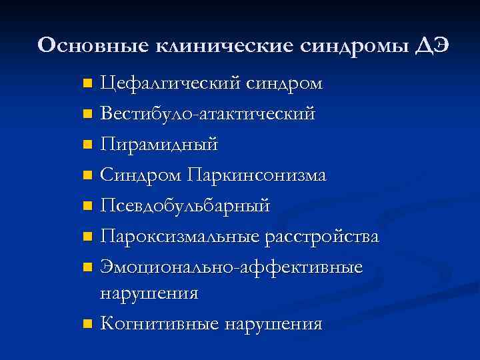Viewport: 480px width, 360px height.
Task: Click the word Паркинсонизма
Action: [x=257, y=175]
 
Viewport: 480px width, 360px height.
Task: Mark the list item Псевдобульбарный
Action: [x=185, y=207]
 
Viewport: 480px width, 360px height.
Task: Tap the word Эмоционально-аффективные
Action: [x=231, y=267]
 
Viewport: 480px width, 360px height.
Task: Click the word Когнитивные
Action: [x=160, y=325]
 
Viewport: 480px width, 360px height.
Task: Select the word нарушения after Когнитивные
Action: [x=274, y=325]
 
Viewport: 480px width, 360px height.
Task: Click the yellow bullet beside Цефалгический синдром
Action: [x=87, y=85]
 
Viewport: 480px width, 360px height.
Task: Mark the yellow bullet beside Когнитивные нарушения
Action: [x=87, y=325]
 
